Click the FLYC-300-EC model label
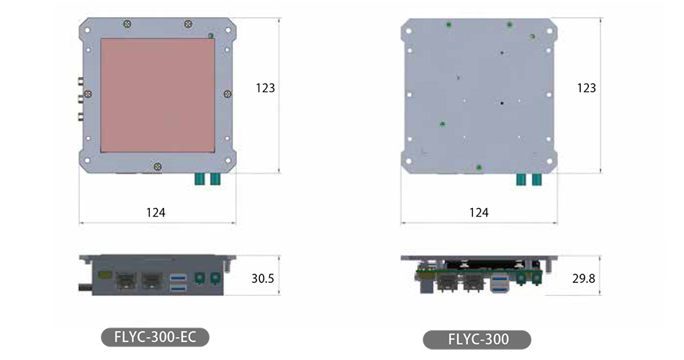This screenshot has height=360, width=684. (156, 337)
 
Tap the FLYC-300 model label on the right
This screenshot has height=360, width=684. (478, 340)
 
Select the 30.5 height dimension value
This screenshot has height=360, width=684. (263, 278)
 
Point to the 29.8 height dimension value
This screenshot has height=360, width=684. (584, 278)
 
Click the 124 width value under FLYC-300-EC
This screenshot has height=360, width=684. (156, 212)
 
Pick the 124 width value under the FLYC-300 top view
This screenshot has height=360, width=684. (479, 212)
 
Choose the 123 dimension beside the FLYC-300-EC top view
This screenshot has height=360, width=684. (265, 88)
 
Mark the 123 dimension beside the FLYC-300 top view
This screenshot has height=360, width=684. (586, 88)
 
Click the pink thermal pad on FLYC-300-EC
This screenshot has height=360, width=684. (158, 95)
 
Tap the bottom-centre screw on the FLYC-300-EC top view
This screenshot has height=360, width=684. (158, 166)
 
